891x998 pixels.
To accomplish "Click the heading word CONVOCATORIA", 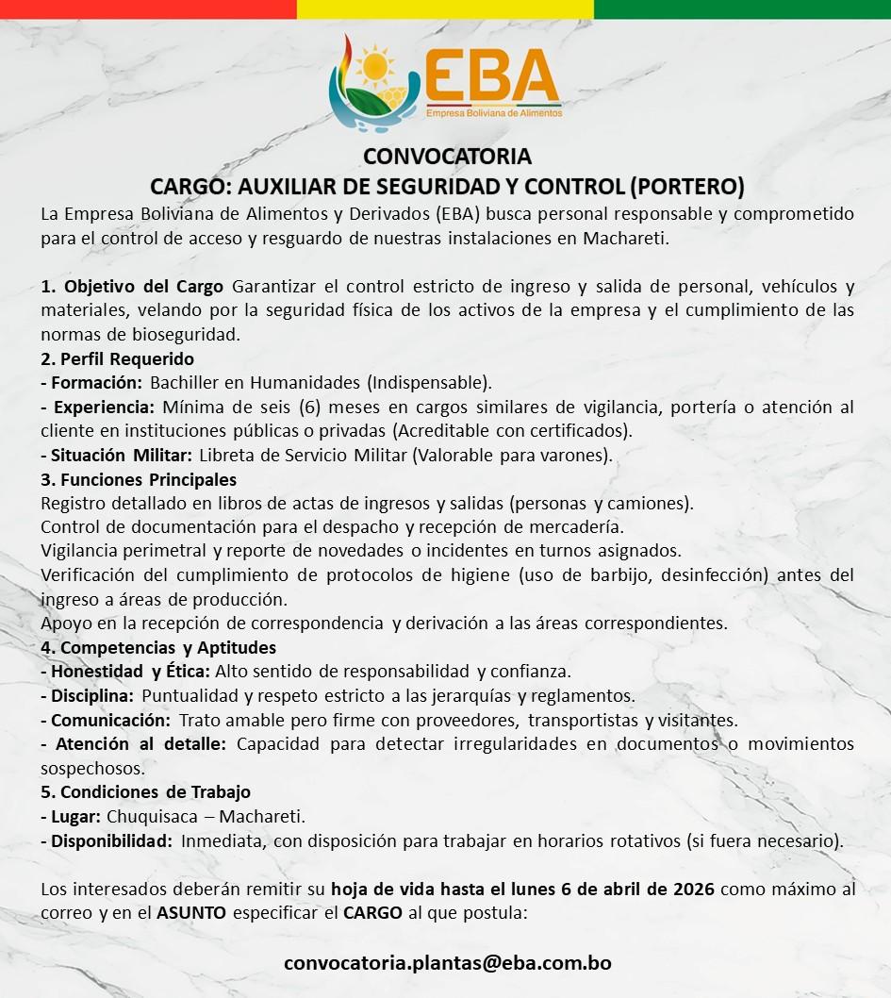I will [x=448, y=156].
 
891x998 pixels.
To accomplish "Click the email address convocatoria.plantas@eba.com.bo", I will [x=448, y=963].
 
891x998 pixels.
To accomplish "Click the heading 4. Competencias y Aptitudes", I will [x=158, y=647].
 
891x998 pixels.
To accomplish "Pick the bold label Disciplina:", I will [x=91, y=696].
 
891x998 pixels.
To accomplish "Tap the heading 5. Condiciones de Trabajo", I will [x=145, y=791].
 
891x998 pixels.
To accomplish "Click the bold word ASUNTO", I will [x=191, y=913].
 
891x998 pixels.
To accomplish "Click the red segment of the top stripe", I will [x=148, y=9].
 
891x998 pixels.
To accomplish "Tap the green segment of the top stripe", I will [x=742, y=9].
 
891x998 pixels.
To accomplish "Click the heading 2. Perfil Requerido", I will [x=117, y=359].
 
